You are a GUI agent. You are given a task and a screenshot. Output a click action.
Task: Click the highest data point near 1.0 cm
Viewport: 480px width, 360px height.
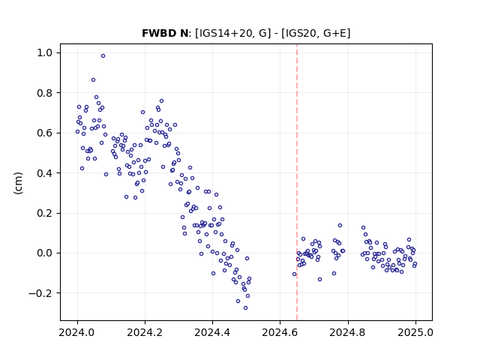click(x=103, y=56)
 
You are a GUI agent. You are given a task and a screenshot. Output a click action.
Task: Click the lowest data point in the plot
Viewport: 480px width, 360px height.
click(x=245, y=308)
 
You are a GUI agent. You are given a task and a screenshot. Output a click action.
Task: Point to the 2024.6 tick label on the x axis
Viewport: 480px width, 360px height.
click(x=280, y=332)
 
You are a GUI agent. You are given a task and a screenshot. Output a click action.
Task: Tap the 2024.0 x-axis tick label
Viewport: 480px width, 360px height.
click(x=77, y=332)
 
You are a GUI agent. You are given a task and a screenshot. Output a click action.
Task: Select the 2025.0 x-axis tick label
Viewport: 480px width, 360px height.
click(x=415, y=332)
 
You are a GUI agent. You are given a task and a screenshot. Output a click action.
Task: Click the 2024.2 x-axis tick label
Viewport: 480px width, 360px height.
click(x=145, y=332)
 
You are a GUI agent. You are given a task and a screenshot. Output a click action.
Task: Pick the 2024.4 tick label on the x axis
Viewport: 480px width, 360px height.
click(x=212, y=332)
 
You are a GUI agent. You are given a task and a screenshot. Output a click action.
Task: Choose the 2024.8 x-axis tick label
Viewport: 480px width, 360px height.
click(x=348, y=332)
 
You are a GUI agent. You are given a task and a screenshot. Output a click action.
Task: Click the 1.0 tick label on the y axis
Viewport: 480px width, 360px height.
click(x=45, y=53)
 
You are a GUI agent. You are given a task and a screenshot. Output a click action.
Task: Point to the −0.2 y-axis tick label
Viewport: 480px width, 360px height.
click(x=40, y=293)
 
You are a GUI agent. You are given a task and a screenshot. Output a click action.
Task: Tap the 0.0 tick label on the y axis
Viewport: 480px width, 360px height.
click(x=45, y=253)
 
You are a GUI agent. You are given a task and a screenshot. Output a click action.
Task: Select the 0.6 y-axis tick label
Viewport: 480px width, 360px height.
click(x=45, y=133)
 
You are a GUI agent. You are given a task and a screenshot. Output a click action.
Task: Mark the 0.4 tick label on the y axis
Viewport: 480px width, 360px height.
click(x=45, y=173)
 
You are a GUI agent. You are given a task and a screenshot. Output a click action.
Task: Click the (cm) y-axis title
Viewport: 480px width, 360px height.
click(x=18, y=183)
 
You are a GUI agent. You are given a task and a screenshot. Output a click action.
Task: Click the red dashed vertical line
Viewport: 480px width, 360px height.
click(x=297, y=182)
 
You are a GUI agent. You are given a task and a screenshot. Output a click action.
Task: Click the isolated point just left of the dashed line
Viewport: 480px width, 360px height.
click(x=295, y=274)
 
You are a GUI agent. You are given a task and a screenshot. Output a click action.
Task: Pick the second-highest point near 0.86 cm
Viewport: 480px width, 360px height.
click(x=93, y=80)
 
